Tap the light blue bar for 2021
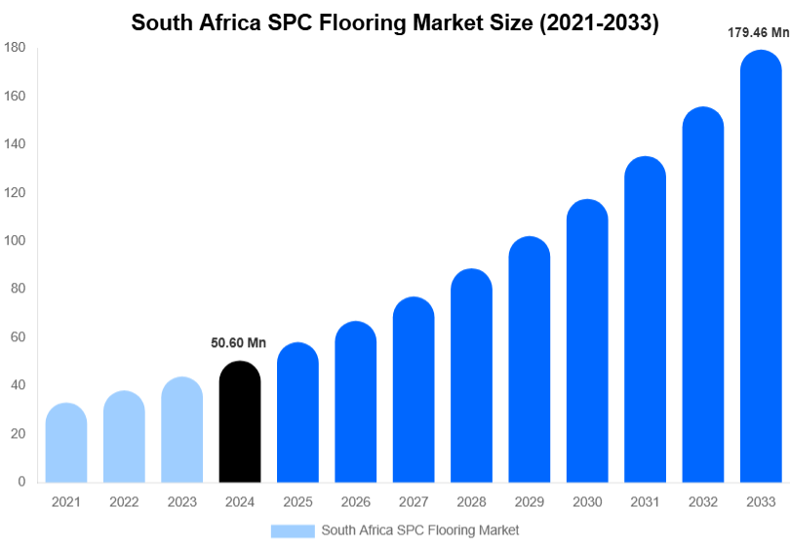66,443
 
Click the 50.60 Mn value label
239,342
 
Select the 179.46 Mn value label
758,32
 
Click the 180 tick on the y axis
14,48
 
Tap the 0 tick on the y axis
21,482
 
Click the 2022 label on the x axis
124,502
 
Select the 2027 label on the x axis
413,502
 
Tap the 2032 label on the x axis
702,502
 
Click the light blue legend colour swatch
293,530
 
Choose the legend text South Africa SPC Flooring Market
420,530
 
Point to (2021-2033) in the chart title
598,23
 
